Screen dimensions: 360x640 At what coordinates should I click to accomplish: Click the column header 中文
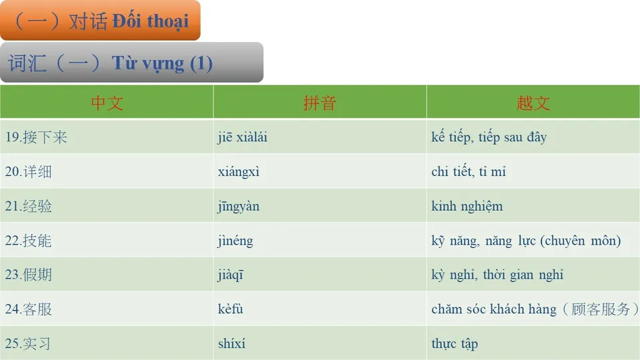(107, 103)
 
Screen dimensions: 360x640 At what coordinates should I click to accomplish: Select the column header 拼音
(319, 103)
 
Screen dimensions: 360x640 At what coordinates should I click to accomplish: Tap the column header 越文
(533, 103)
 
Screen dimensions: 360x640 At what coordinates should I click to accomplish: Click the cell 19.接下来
(37, 138)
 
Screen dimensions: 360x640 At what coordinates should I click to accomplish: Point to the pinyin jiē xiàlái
(243, 138)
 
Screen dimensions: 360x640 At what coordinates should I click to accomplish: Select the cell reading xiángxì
(239, 172)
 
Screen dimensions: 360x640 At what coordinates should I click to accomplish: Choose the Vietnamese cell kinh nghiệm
(467, 207)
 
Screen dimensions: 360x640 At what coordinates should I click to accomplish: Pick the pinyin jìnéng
(235, 241)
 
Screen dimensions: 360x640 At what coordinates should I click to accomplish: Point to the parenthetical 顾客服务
(601, 309)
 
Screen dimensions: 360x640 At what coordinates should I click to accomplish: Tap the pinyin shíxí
(231, 344)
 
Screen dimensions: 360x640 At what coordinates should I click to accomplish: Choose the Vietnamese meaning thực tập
(455, 344)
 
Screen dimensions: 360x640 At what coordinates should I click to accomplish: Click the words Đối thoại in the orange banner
(151, 21)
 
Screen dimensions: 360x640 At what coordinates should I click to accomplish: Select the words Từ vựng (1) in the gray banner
(162, 63)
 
